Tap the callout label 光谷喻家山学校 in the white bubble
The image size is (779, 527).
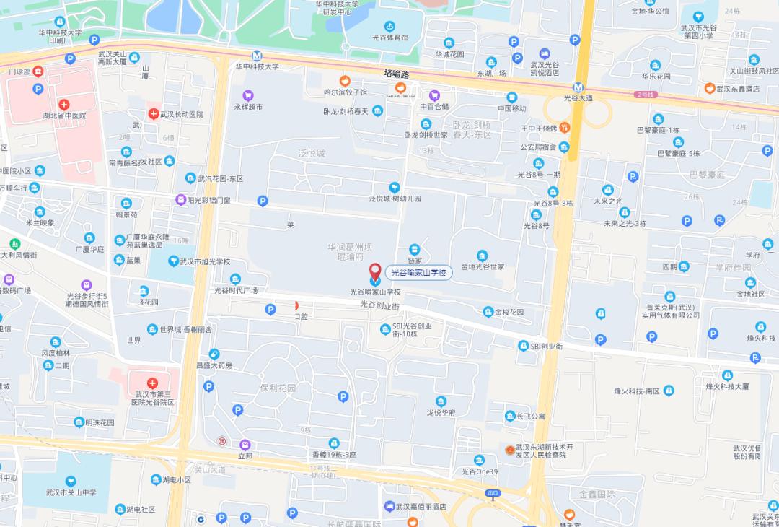click(418, 272)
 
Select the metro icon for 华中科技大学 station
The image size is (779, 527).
click(257, 56)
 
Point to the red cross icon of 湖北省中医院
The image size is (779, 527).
click(64, 104)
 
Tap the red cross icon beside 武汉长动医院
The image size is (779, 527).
click(153, 114)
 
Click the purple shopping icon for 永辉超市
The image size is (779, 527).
click(247, 95)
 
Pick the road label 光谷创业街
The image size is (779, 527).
click(379, 306)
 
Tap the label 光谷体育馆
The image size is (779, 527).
click(390, 37)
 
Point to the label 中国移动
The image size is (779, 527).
click(511, 108)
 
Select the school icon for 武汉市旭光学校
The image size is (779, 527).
click(173, 261)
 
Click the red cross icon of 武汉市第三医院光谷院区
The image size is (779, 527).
click(152, 383)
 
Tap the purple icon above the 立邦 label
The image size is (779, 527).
click(245, 445)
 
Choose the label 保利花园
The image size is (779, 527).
click(278, 388)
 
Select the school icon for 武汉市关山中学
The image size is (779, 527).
click(70, 481)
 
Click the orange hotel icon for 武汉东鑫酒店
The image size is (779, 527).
click(710, 88)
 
